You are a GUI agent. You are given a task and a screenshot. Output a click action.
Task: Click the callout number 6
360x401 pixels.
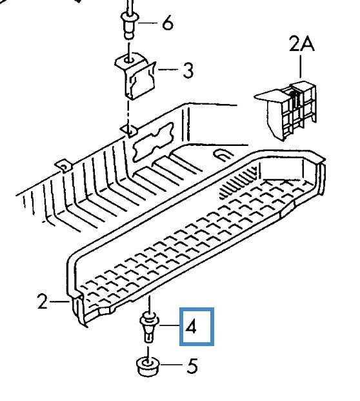coord(168,23)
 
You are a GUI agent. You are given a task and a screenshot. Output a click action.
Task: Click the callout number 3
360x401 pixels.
coord(188,70)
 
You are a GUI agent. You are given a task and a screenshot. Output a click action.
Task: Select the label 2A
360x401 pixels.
coord(302,44)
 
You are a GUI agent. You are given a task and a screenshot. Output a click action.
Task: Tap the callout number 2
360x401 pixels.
coord(43,302)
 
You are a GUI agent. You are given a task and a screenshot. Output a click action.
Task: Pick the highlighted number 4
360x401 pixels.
coord(191,327)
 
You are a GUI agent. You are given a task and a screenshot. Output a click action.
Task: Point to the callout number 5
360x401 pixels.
coord(192,366)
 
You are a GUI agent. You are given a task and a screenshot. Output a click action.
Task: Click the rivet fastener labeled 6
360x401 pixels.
coord(130,25)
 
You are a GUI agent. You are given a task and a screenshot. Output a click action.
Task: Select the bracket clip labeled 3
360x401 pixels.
coord(135,77)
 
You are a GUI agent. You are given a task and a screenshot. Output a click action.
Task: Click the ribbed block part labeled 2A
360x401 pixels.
coord(286,110)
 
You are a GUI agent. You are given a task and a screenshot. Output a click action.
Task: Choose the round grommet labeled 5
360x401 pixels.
coord(148,367)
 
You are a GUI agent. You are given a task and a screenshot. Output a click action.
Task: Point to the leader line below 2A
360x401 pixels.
coord(301,67)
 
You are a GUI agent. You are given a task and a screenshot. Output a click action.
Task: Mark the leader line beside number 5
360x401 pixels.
coord(171,364)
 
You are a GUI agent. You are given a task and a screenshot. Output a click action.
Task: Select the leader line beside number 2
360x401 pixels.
coord(59,302)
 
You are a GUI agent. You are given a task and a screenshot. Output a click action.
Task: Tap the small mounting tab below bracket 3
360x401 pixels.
coord(130,131)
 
